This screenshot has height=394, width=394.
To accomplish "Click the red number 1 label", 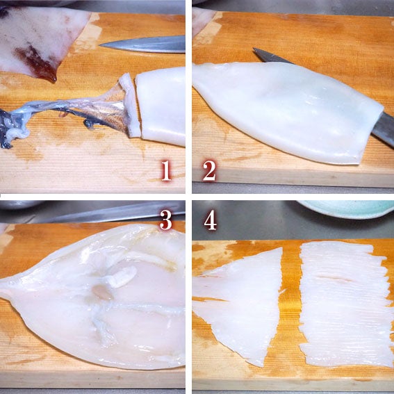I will point(165,170).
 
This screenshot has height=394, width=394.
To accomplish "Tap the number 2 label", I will point(209,170).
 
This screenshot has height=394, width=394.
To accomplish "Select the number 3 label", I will point(165,220).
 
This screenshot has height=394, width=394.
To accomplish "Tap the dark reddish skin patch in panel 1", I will point(35,63).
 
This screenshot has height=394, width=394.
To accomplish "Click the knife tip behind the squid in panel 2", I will point(258,51).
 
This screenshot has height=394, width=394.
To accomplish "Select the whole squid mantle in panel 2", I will point(292,108).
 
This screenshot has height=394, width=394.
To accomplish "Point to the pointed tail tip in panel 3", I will point(6,284).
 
